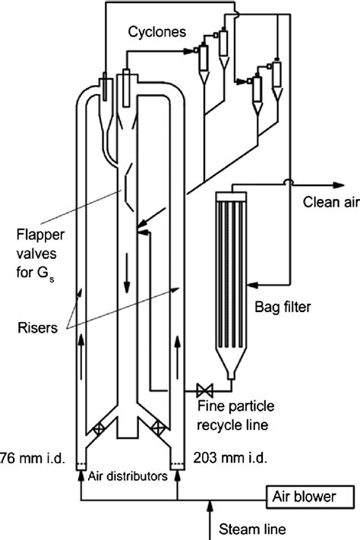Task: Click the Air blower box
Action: (x=310, y=495)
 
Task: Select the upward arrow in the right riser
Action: (x=178, y=353)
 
